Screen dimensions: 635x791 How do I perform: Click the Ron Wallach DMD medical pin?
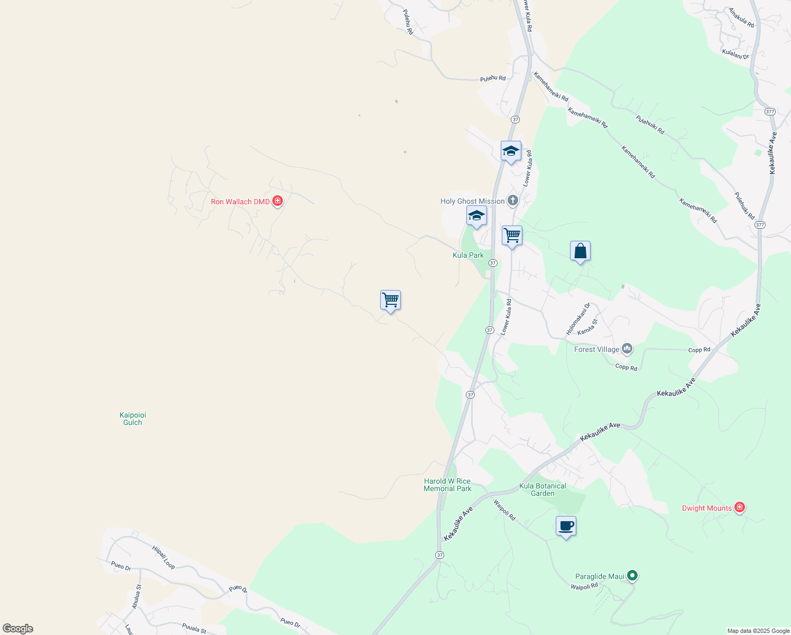point(278,201)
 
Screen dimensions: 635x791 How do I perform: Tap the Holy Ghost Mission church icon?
point(512,201)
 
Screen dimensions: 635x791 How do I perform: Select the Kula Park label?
point(468,255)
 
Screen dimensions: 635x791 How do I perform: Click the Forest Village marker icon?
point(627,348)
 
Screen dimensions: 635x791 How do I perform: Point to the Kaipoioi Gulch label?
point(133,419)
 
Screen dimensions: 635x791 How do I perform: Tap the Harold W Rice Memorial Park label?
point(447,485)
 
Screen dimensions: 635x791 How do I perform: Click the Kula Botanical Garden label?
point(542,489)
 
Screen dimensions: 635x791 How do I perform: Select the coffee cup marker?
point(566,527)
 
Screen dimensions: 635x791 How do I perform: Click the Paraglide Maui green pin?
point(632,576)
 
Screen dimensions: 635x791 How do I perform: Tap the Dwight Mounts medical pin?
point(740,508)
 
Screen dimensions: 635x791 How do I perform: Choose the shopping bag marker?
point(580,251)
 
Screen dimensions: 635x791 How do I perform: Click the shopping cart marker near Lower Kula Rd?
point(512,235)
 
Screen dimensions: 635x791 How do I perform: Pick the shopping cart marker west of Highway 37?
point(390,300)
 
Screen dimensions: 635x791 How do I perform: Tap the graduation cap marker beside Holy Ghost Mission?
point(476,216)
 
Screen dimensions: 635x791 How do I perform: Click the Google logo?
point(18,629)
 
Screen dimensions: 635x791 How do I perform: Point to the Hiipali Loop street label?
point(163,557)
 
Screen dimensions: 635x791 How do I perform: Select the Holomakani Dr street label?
point(578,319)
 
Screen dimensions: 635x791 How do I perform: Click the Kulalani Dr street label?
point(735,55)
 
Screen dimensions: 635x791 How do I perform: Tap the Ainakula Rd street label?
point(741,18)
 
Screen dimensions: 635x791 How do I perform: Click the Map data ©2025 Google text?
point(758,631)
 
